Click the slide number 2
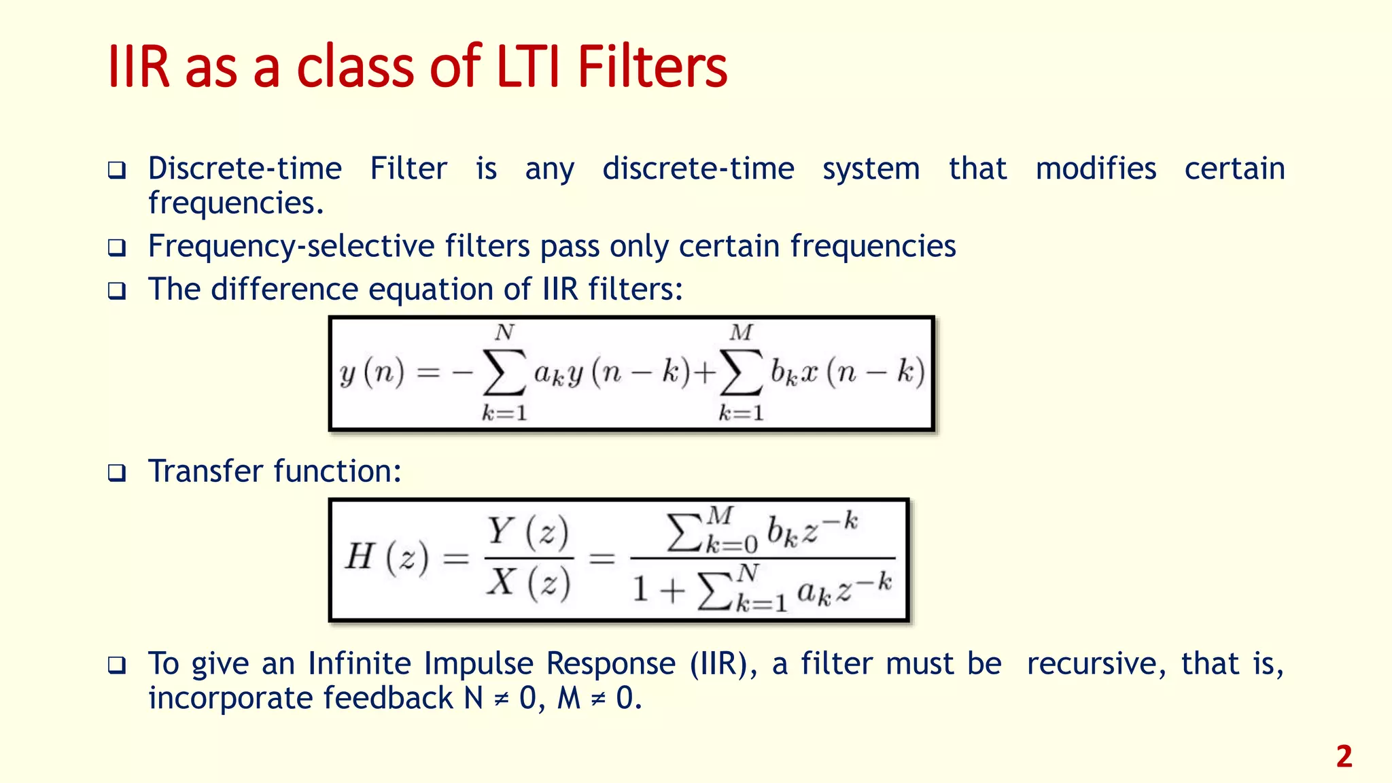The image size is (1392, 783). tap(1344, 756)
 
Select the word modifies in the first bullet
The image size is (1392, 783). tap(1095, 169)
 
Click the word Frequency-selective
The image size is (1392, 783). tap(291, 246)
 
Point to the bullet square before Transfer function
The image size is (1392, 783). tap(117, 472)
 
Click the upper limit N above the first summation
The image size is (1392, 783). tap(504, 332)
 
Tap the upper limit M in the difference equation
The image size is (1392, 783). tap(741, 332)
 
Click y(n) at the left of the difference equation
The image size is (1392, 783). tap(372, 372)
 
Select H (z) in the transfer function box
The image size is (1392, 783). tap(387, 557)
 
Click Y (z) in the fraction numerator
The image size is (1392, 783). tap(528, 532)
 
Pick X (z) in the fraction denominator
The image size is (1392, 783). tap(528, 582)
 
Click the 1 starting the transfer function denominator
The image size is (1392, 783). tap(640, 589)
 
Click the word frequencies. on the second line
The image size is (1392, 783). tap(236, 203)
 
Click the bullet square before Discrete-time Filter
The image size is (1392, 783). tap(117, 170)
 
